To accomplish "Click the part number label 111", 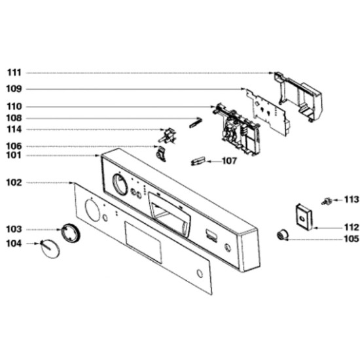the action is pyautogui.click(x=14, y=73).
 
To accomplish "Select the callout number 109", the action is pyautogui.click(x=14, y=89).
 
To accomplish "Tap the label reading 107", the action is pyautogui.click(x=229, y=161).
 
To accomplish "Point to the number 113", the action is pyautogui.click(x=351, y=200).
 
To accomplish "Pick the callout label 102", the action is pyautogui.click(x=14, y=183).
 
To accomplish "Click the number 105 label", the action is pyautogui.click(x=351, y=239).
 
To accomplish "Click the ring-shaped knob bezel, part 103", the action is pyautogui.click(x=71, y=232).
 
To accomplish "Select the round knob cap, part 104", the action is pyautogui.click(x=50, y=249).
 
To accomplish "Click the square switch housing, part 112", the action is pyautogui.click(x=304, y=217).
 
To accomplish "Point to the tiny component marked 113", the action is pyautogui.click(x=327, y=201).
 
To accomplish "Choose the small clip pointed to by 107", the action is pyautogui.click(x=198, y=161).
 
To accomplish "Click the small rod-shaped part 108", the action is pyautogui.click(x=196, y=122).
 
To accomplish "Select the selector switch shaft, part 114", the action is pyautogui.click(x=166, y=136).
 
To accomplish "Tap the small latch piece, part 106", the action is pyautogui.click(x=161, y=154).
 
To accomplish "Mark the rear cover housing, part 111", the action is pyautogui.click(x=298, y=96).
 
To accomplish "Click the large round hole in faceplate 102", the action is pyautogui.click(x=92, y=211).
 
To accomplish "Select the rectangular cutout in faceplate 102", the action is pyautogui.click(x=143, y=242).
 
